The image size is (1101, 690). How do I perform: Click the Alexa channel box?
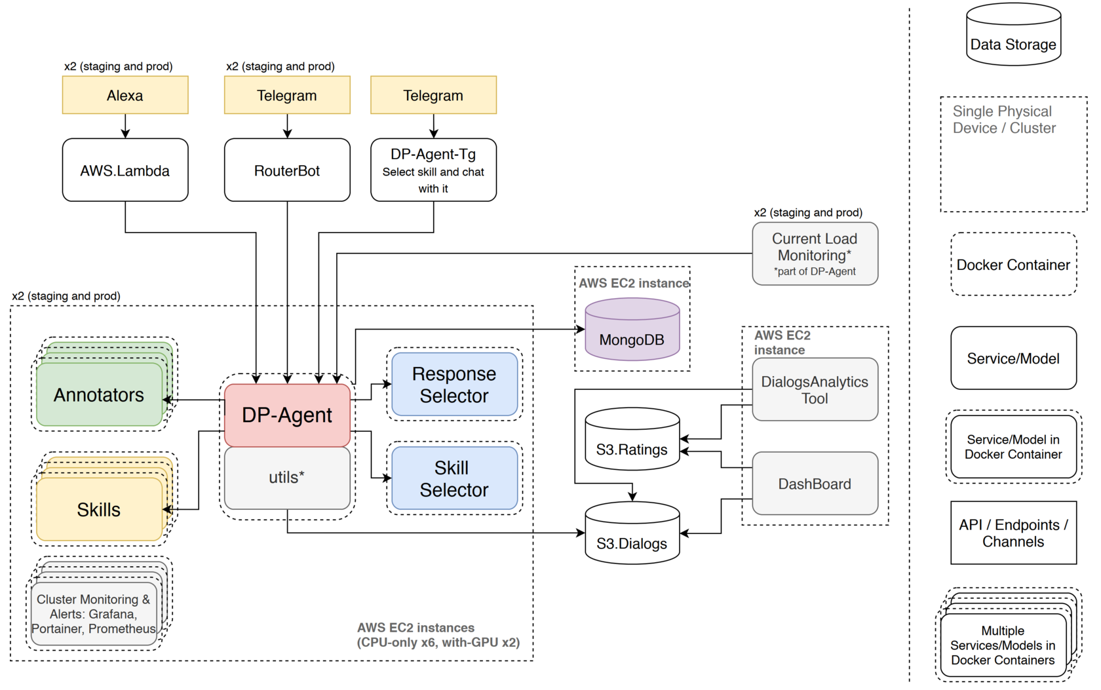pos(125,95)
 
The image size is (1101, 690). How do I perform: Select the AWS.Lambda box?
pos(125,170)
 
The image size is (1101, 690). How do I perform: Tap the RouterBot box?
pos(287,170)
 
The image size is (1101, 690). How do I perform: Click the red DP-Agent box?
pos(287,415)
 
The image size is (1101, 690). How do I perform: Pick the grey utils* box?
pos(287,478)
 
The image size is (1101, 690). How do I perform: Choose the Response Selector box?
pos(454,385)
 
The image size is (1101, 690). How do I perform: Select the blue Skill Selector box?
pos(454,478)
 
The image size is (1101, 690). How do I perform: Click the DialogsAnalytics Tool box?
pos(815,389)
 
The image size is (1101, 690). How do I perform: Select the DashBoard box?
pos(815,484)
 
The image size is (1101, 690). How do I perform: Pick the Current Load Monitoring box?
pos(815,254)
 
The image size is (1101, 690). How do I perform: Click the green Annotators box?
pos(99,395)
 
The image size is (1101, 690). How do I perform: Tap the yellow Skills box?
pos(99,510)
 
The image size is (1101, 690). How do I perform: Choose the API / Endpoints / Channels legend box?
pos(1013,533)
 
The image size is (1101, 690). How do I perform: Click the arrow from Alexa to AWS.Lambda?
pos(125,126)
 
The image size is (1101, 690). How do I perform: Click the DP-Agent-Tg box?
pos(433,170)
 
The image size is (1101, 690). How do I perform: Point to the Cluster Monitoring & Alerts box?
pos(94,614)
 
